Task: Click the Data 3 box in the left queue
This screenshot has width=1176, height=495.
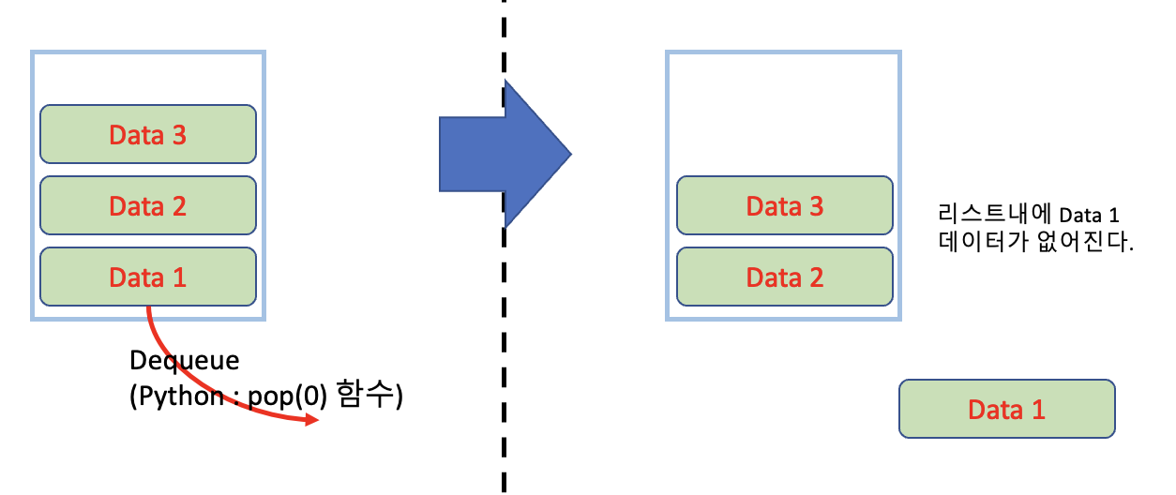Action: [x=147, y=135]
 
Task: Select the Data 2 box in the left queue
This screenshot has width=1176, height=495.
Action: [x=147, y=205]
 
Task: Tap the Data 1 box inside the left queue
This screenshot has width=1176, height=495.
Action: [x=147, y=277]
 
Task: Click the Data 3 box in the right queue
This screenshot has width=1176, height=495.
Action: [x=784, y=205]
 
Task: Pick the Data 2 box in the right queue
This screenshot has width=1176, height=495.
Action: [x=784, y=277]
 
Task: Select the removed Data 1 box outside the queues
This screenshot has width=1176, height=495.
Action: [x=1006, y=409]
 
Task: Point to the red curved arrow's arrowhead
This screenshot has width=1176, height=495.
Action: [x=310, y=422]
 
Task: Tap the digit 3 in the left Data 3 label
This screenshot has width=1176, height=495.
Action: [x=177, y=135]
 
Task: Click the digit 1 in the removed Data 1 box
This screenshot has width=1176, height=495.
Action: [x=1037, y=409]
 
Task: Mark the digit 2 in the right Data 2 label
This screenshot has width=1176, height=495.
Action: [x=815, y=277]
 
